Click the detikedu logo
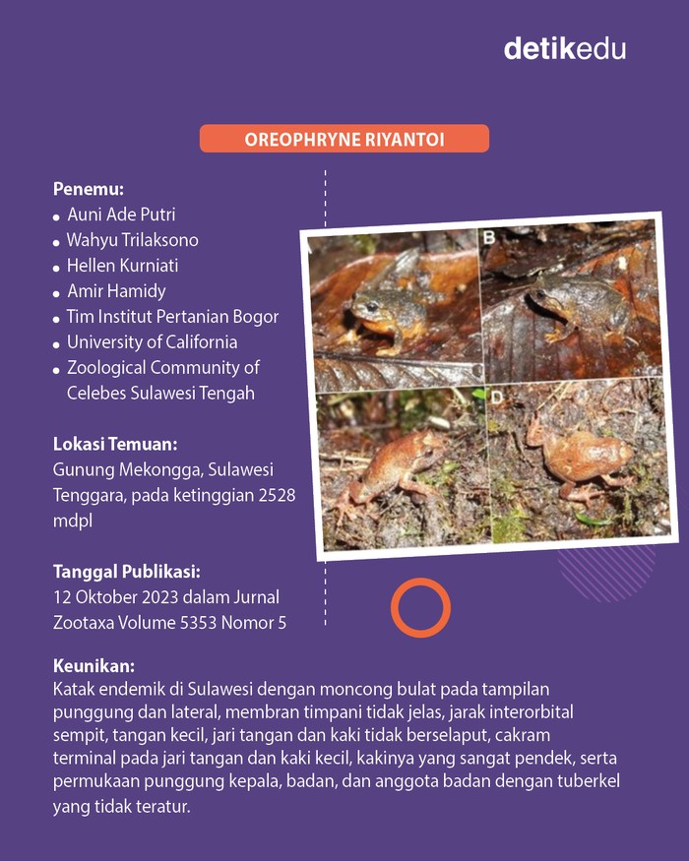(564, 47)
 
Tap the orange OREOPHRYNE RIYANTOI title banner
(344, 139)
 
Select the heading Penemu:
(88, 188)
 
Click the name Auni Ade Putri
(121, 215)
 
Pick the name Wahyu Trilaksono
(132, 240)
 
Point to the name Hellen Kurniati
(122, 266)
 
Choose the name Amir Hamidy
(116, 291)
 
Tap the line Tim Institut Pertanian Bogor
(172, 317)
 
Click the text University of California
(152, 342)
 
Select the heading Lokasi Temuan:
(114, 444)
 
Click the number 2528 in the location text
(275, 495)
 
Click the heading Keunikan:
(94, 666)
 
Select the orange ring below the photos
(420, 607)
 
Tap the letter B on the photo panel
(488, 237)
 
